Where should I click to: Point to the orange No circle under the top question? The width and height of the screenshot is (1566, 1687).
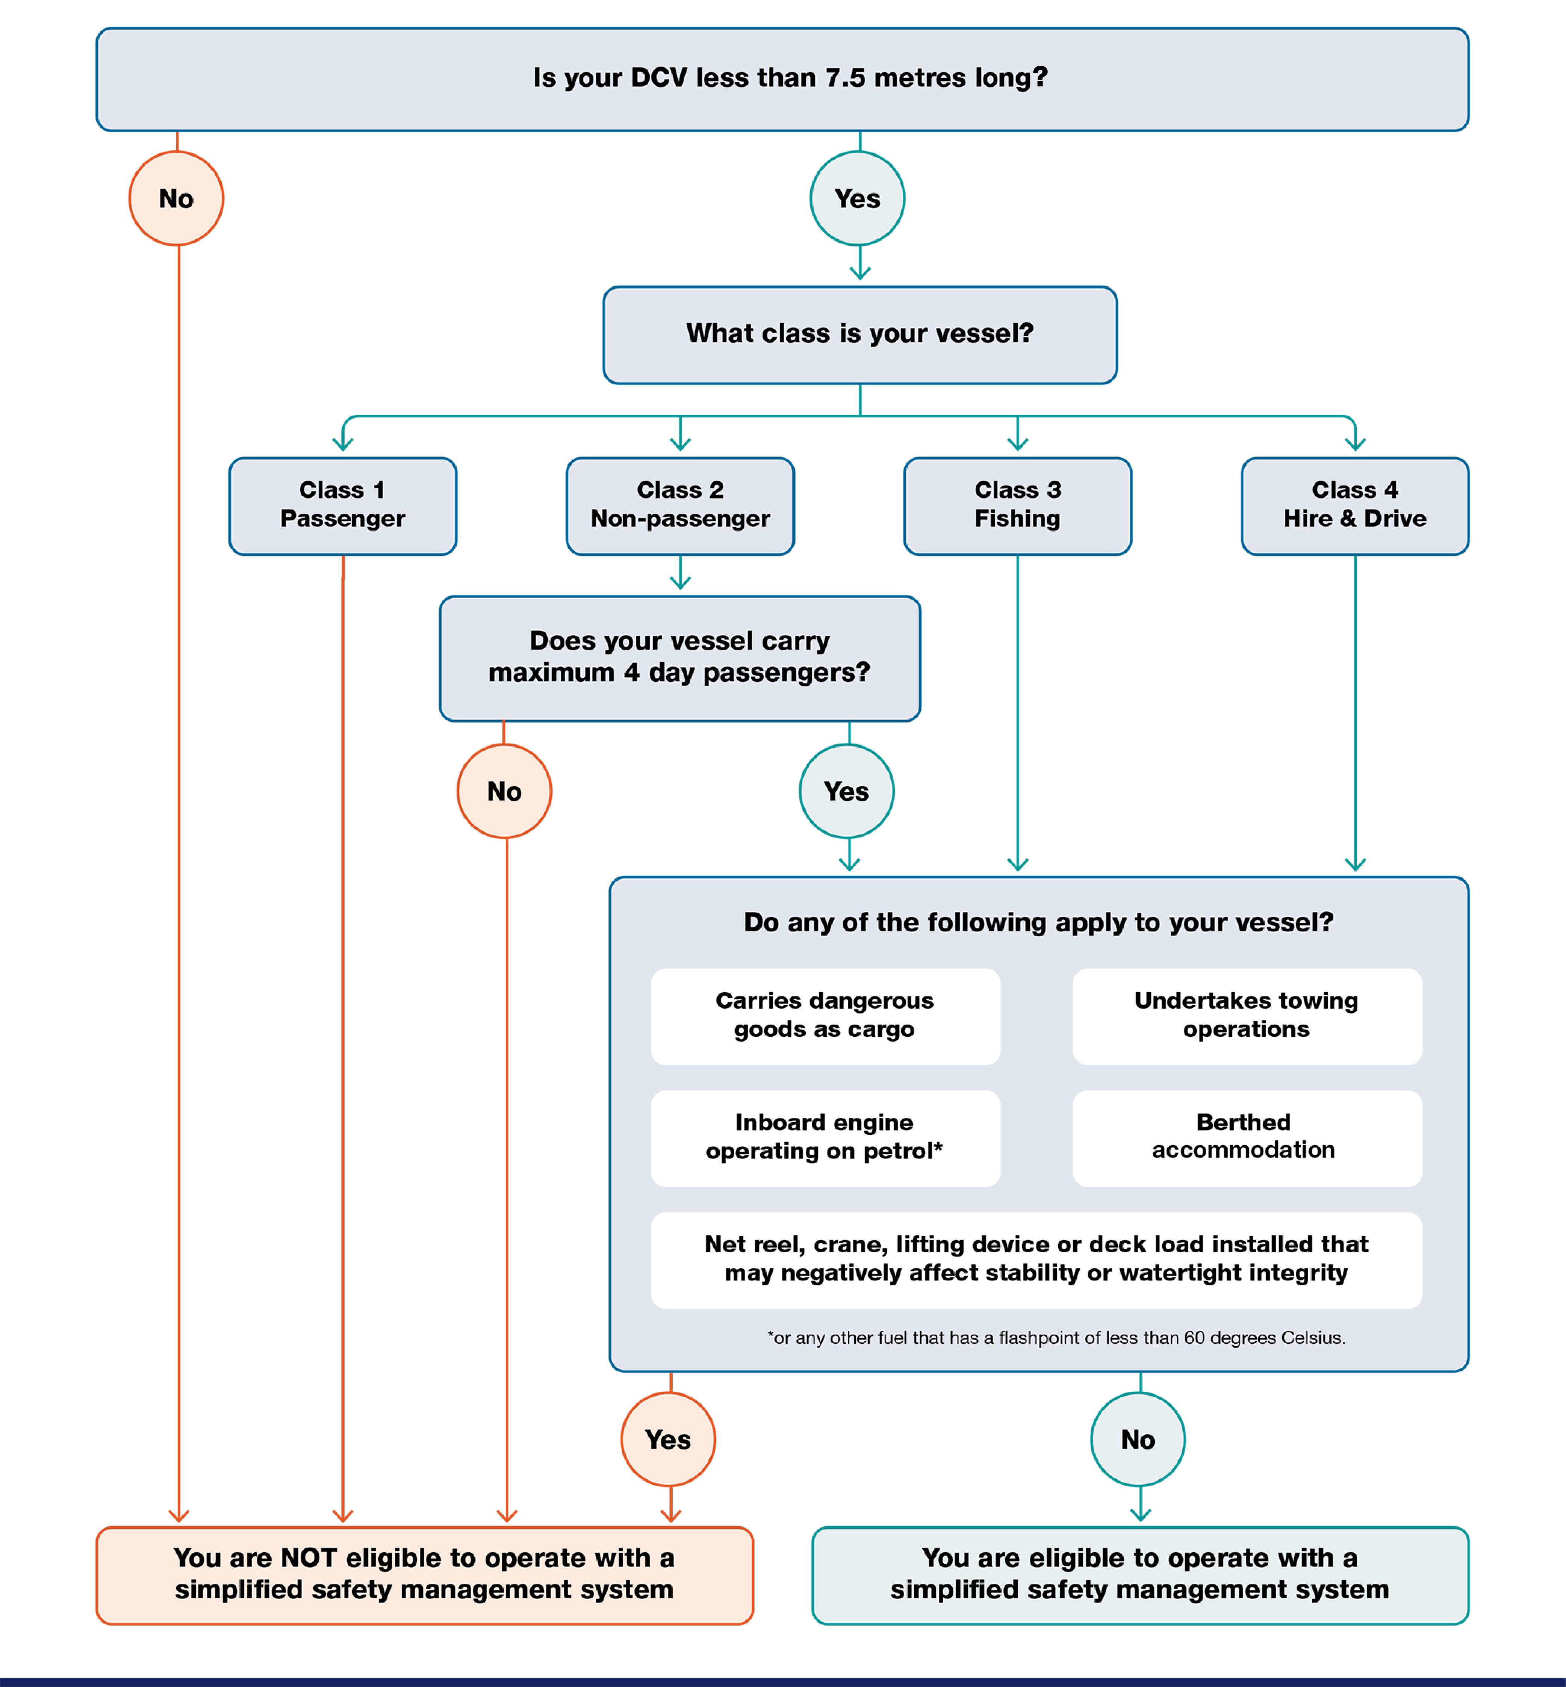click(176, 198)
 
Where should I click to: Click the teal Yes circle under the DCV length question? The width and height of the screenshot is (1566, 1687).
click(858, 198)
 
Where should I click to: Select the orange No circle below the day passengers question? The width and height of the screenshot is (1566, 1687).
click(504, 791)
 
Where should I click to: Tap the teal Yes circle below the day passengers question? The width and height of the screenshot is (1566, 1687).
click(847, 791)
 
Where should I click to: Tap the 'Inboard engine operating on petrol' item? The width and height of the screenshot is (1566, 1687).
click(825, 1137)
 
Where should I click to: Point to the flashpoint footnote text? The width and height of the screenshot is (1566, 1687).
click(1056, 1337)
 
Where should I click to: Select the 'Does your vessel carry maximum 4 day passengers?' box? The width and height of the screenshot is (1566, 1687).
click(679, 658)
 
